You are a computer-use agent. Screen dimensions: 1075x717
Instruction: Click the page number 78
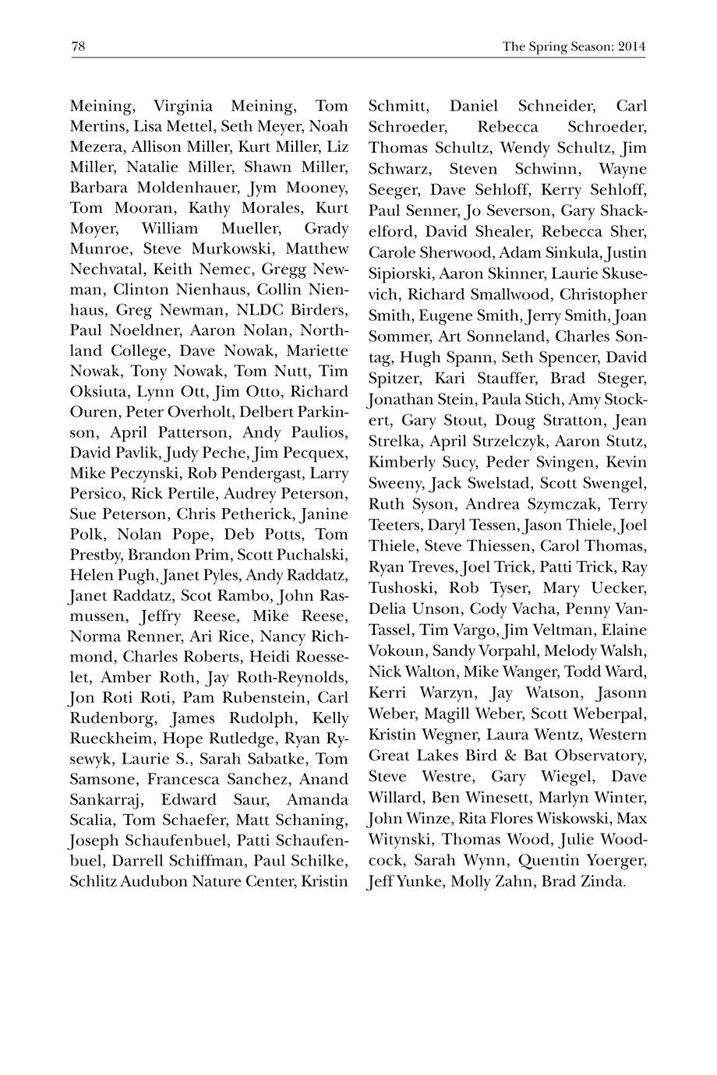[78, 47]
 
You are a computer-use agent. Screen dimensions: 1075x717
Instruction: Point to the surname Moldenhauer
[186, 188]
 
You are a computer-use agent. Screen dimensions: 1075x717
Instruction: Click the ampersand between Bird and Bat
[514, 756]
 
